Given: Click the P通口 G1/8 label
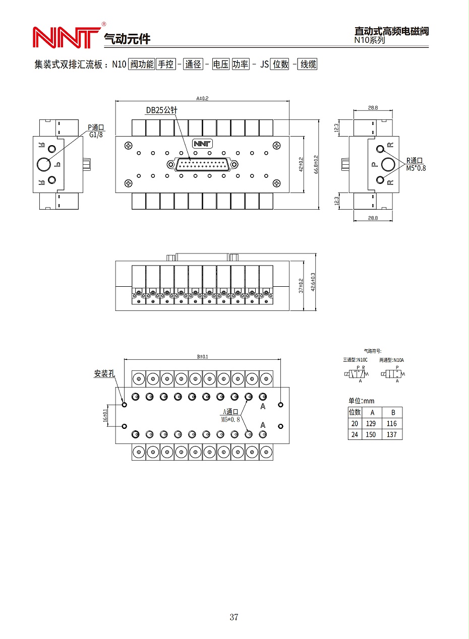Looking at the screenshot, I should pos(96,131).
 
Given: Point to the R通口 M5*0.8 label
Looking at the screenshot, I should pos(415,164).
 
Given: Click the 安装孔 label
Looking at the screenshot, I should pos(104,373).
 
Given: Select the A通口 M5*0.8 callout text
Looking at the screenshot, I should pos(230,415).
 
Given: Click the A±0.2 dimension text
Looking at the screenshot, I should pos(202,98).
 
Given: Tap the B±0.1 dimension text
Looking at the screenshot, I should pos(202,356).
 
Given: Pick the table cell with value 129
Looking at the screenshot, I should pos(370,423).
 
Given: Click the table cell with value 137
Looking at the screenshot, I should pos(392,434).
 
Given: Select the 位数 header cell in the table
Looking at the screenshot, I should pos(355,412).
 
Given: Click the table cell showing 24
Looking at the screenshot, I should pos(355,434).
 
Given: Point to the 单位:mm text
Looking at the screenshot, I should pos(361,401).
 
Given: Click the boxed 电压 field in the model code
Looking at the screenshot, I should pos(220,64).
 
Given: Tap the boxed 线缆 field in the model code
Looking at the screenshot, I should pos(308,64).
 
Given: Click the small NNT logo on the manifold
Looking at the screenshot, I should pos(202,144).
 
